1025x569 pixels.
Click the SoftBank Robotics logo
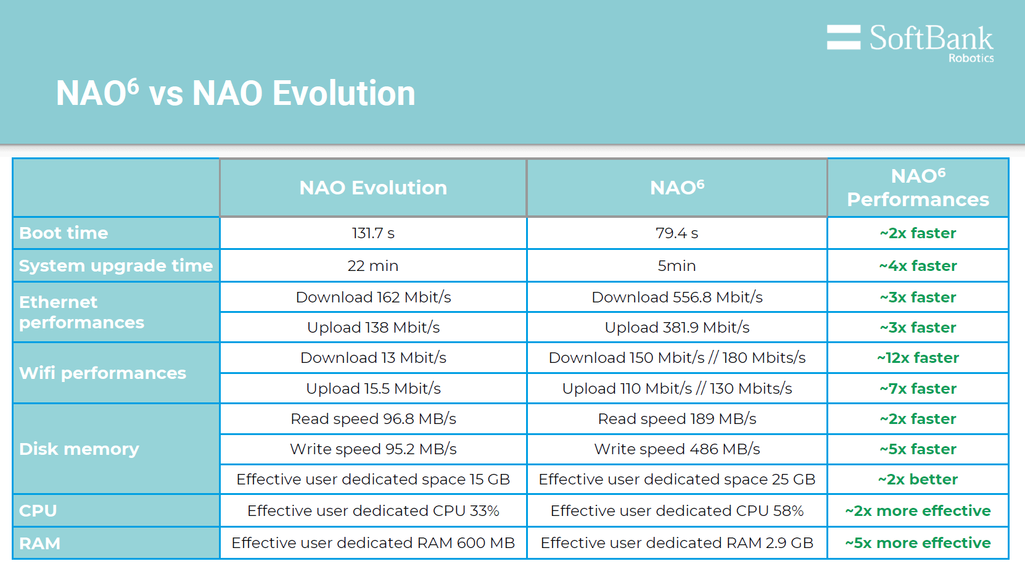point(910,42)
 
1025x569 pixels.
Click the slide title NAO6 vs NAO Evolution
point(236,93)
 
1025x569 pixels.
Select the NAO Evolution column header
point(373,188)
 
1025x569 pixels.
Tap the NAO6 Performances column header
point(918,188)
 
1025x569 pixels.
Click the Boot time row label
point(64,233)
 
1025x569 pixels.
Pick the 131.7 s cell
point(373,233)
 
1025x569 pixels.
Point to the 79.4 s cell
point(677,233)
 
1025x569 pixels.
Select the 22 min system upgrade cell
point(373,266)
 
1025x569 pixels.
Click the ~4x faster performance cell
point(918,266)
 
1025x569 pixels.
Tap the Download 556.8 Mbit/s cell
point(677,297)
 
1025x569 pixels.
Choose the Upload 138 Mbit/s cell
point(373,328)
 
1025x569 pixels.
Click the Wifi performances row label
point(102,373)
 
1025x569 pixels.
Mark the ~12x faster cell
point(918,358)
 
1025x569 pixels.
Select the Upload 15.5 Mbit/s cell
point(373,389)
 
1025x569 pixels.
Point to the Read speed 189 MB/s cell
point(677,419)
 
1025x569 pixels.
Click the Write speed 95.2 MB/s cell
point(373,449)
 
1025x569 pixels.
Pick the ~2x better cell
point(918,480)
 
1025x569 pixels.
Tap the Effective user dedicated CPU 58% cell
point(677,511)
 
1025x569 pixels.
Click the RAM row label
point(40,544)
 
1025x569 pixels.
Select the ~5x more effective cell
point(918,543)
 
